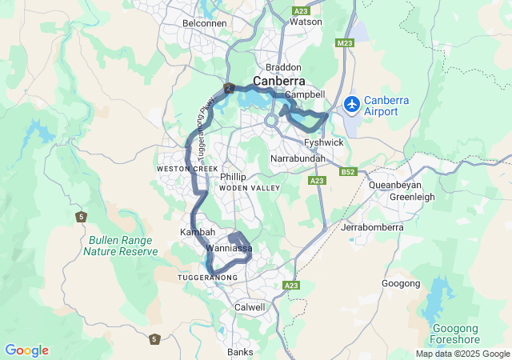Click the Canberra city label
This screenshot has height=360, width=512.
(280, 82)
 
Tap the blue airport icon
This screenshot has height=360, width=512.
(351, 104)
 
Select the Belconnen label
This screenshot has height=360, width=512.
(205, 23)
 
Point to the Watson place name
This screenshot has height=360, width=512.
(306, 22)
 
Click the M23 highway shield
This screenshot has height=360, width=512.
(345, 42)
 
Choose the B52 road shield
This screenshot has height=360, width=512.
(347, 172)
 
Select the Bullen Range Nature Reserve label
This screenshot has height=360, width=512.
(120, 245)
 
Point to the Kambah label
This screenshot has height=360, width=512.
(197, 231)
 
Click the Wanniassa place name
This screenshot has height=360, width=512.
(230, 249)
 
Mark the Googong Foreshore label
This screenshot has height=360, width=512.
(454, 334)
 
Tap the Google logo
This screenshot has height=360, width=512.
(26, 350)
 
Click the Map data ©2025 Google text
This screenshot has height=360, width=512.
(462, 354)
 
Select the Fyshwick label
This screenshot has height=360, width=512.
(324, 142)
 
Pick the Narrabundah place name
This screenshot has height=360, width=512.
(298, 159)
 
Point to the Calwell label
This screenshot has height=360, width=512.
(250, 307)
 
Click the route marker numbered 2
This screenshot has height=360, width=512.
(229, 88)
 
